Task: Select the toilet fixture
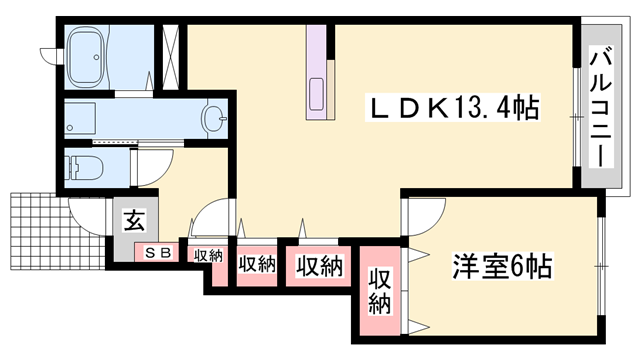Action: [85, 167]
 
